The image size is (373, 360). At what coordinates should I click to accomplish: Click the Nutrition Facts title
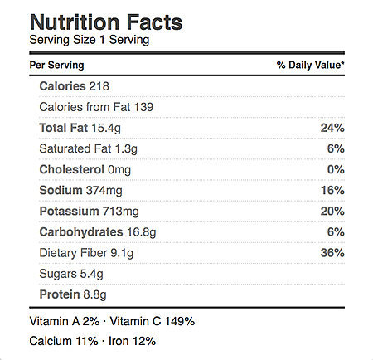pyautogui.click(x=106, y=22)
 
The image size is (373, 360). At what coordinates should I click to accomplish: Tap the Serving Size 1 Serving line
pyautogui.click(x=90, y=40)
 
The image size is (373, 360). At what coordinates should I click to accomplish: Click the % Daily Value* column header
pyautogui.click(x=311, y=65)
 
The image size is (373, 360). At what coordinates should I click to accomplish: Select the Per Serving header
pyautogui.click(x=57, y=66)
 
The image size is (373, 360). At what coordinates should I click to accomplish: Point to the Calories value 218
pyautogui.click(x=99, y=86)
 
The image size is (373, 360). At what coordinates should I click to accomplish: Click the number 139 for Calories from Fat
pyautogui.click(x=143, y=107)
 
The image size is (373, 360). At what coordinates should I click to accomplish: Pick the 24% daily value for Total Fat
pyautogui.click(x=332, y=128)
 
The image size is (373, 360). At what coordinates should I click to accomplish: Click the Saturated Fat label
pyautogui.click(x=75, y=148)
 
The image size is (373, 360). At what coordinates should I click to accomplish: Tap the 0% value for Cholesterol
pyautogui.click(x=336, y=169)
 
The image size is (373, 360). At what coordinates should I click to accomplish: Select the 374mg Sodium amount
pyautogui.click(x=104, y=191)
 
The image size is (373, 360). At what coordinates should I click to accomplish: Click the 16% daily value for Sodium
pyautogui.click(x=332, y=191)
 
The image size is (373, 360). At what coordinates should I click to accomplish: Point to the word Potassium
pyautogui.click(x=69, y=212)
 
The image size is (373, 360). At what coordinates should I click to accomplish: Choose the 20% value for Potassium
pyautogui.click(x=332, y=212)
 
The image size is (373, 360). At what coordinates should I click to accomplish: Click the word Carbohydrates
pyautogui.click(x=81, y=232)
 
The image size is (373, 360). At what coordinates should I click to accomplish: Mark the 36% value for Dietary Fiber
pyautogui.click(x=332, y=253)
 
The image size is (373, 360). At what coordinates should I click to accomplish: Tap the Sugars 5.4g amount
pyautogui.click(x=92, y=274)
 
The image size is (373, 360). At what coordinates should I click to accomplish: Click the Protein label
pyautogui.click(x=60, y=294)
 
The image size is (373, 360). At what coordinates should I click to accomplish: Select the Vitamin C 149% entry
pyautogui.click(x=153, y=321)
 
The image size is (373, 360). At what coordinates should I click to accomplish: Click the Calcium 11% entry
pyautogui.click(x=64, y=341)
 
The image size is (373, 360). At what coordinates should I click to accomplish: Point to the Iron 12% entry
pyautogui.click(x=132, y=341)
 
